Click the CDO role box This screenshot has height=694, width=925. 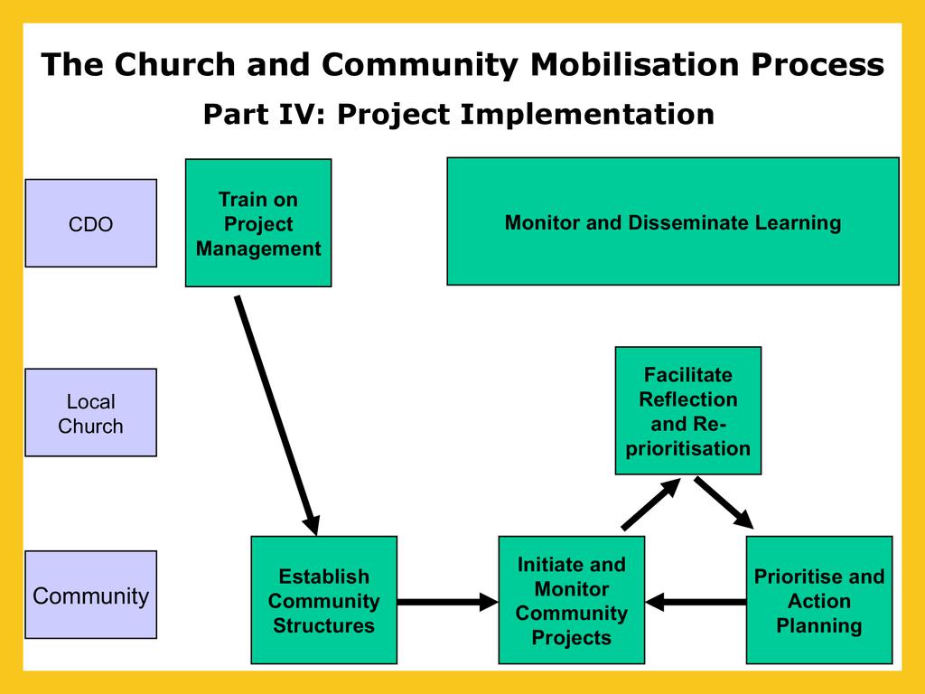[x=90, y=223]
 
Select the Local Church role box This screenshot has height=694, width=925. [x=90, y=413]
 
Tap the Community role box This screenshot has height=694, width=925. [x=90, y=596]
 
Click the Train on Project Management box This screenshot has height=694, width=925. [x=258, y=223]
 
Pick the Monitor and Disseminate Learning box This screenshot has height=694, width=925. [x=673, y=221]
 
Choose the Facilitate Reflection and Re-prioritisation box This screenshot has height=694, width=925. [x=687, y=411]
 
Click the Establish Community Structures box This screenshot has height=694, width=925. [x=323, y=601]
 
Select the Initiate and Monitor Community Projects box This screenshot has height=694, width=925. [x=571, y=601]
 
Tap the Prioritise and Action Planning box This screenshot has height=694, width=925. [x=819, y=601]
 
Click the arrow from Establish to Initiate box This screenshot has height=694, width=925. [x=447, y=601]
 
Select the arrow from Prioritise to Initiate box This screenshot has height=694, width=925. [x=696, y=601]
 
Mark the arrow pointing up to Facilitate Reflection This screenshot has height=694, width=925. [x=650, y=504]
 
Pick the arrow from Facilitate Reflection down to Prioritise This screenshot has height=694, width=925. [x=724, y=502]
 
